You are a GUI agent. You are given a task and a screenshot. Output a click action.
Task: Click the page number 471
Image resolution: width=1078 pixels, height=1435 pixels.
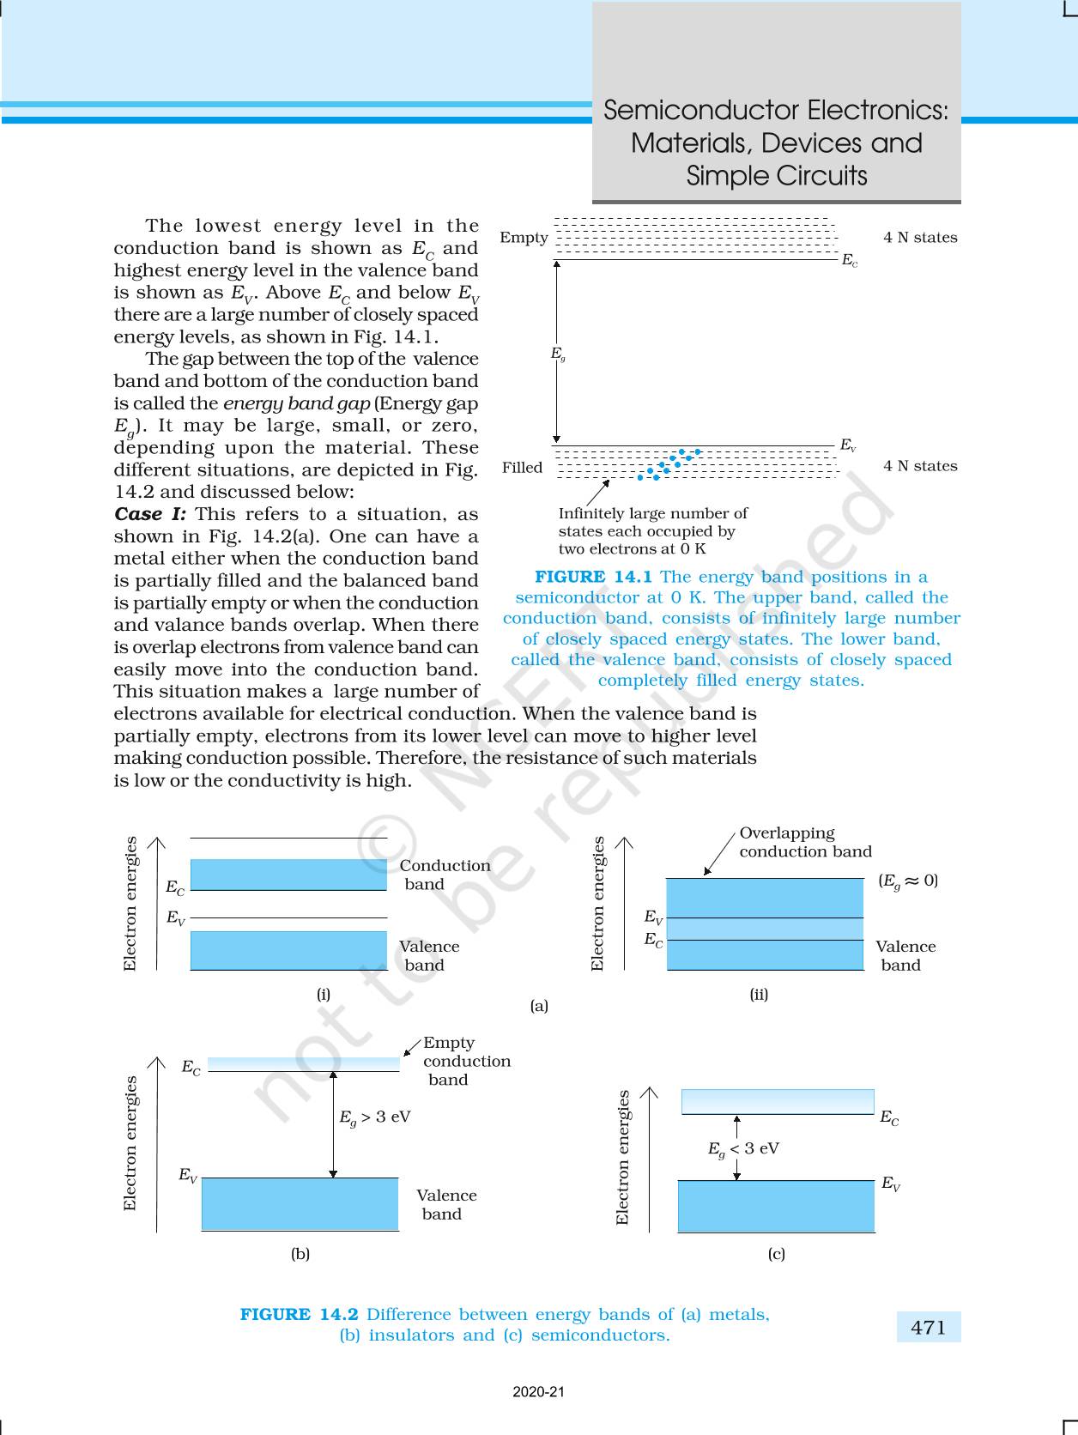(929, 1327)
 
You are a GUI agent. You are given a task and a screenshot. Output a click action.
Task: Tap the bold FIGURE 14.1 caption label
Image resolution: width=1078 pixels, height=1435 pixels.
(593, 577)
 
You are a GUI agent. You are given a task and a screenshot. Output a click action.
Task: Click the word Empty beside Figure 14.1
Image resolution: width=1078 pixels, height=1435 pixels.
(524, 238)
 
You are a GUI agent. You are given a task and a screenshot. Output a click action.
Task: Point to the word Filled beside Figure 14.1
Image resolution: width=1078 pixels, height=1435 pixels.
(522, 467)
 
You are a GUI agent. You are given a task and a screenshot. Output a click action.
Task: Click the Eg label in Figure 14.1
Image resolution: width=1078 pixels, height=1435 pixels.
(558, 354)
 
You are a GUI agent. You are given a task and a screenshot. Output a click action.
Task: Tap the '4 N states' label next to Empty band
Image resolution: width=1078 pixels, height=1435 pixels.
(920, 238)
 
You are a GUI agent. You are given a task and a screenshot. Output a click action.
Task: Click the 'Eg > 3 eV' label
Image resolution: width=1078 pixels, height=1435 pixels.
(374, 1117)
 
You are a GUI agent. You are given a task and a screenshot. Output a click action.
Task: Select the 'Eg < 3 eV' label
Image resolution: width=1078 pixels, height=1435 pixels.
(743, 1149)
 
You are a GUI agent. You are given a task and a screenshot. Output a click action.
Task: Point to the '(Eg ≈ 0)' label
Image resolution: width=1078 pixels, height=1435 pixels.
(908, 881)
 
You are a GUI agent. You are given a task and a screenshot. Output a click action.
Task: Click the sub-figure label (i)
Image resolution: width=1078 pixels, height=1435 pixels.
(323, 995)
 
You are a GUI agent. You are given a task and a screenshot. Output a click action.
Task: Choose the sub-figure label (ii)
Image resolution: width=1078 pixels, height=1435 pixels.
(759, 995)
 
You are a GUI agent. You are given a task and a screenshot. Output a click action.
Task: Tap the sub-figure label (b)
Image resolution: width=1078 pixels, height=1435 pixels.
(300, 1254)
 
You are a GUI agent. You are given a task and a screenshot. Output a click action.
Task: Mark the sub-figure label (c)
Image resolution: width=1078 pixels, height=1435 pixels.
(776, 1254)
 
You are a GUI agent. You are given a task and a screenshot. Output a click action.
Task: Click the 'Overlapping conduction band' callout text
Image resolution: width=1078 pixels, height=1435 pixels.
(805, 842)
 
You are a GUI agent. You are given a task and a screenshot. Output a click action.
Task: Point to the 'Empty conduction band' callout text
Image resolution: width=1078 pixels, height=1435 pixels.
(466, 1061)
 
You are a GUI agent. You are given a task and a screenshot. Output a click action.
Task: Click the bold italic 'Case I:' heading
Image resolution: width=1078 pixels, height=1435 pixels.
(149, 514)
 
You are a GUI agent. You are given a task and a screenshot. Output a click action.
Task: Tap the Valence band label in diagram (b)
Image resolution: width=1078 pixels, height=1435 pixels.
(445, 1204)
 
